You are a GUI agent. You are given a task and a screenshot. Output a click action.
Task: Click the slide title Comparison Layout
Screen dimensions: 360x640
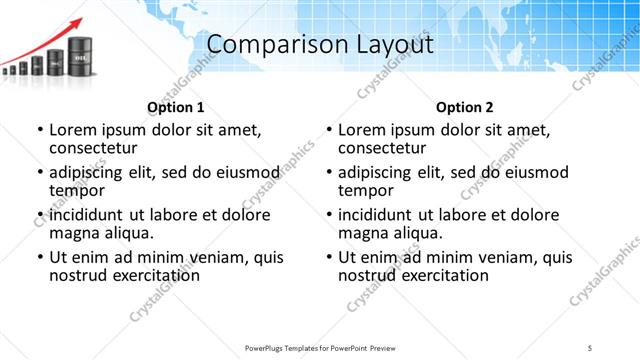tap(319, 46)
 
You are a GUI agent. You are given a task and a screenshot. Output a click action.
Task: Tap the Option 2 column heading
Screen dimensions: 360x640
tap(464, 107)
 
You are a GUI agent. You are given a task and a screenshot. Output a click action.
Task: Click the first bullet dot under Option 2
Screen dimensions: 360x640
tap(329, 130)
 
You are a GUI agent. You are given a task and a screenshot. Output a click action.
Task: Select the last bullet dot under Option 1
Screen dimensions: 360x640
tap(40, 257)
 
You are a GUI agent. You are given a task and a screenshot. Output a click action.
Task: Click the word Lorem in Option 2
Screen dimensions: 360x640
tap(361, 130)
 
